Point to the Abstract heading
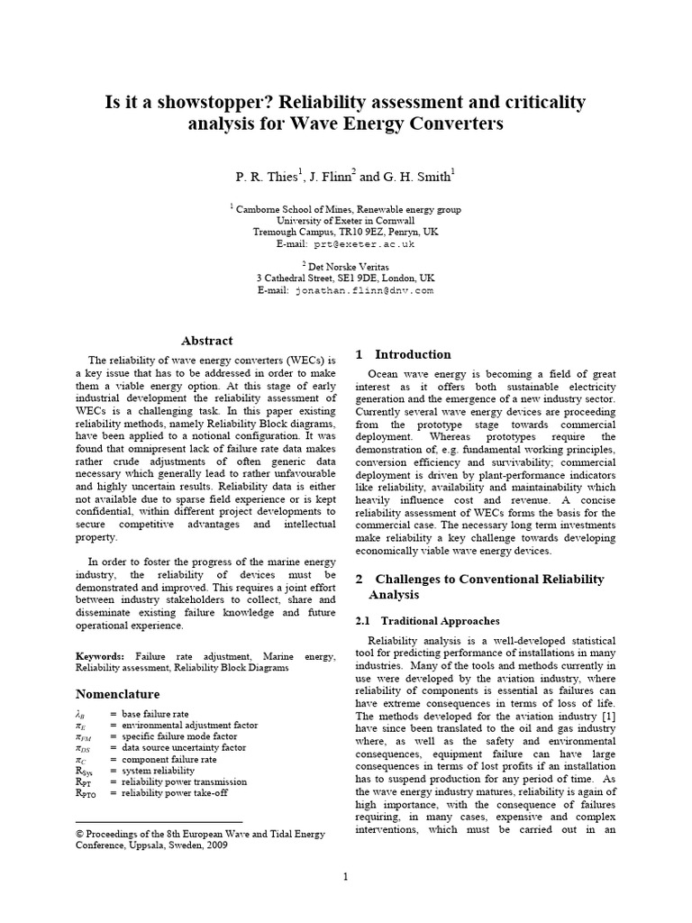tap(207, 341)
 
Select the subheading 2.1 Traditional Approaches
tap(427, 621)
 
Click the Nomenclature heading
tap(118, 694)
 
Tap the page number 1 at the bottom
tap(345, 876)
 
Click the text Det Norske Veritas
tap(350, 267)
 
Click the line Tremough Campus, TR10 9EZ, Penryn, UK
tap(345, 232)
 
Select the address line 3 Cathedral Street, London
tap(345, 279)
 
